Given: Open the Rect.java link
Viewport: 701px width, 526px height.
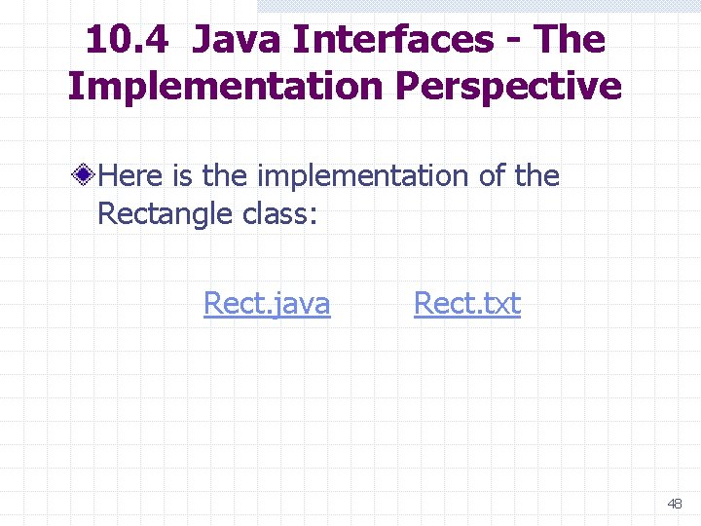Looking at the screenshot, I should [267, 305].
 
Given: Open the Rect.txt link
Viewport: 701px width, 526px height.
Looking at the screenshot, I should [467, 305].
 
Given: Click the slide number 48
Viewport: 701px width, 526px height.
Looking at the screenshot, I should [675, 504].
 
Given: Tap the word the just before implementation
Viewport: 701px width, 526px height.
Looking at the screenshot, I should [227, 176].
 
